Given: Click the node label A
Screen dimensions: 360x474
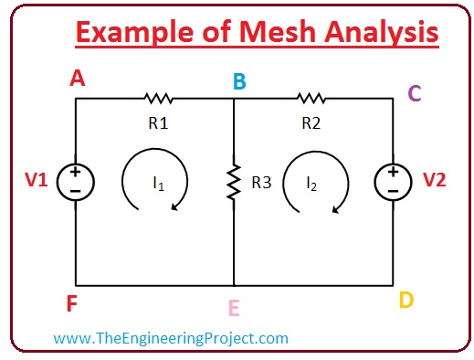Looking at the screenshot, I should [x=78, y=79].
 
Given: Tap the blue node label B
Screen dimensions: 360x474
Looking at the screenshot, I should [x=238, y=82].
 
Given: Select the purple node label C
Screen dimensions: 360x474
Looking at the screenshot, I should [x=415, y=92].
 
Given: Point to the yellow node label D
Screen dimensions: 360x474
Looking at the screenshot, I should [x=407, y=299].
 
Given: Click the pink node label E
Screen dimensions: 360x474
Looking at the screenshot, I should [x=235, y=309].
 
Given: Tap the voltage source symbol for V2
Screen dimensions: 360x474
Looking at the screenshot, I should [x=393, y=181].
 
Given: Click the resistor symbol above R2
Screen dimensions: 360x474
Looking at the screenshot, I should [x=311, y=96].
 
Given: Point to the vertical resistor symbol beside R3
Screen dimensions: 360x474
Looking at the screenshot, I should [x=235, y=183].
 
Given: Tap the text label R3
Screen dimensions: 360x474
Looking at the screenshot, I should [x=262, y=183].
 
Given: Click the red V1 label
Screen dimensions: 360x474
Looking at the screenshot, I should [x=37, y=180].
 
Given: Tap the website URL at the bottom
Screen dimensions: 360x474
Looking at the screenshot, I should [x=171, y=338].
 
